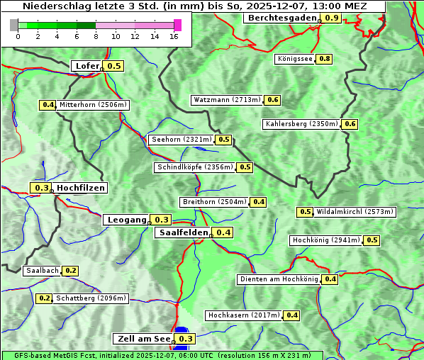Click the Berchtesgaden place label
pyautogui.click(x=281, y=18)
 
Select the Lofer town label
pyautogui.click(x=87, y=66)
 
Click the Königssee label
pyautogui.click(x=294, y=59)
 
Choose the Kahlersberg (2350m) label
pyautogui.click(x=301, y=124)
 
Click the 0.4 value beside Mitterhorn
pyautogui.click(x=48, y=105)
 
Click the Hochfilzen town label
pyautogui.click(x=81, y=188)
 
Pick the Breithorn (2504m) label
pyautogui.click(x=213, y=202)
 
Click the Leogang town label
pyautogui.click(x=127, y=220)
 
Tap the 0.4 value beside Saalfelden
pyautogui.click(x=223, y=232)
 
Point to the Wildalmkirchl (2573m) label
pyautogui.click(x=355, y=212)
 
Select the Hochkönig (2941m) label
pyautogui.click(x=326, y=240)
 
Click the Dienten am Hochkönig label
pyautogui.click(x=279, y=279)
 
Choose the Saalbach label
pyautogui.click(x=42, y=271)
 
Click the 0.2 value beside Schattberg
pyautogui.click(x=44, y=298)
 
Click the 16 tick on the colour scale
pyautogui.click(x=174, y=36)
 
